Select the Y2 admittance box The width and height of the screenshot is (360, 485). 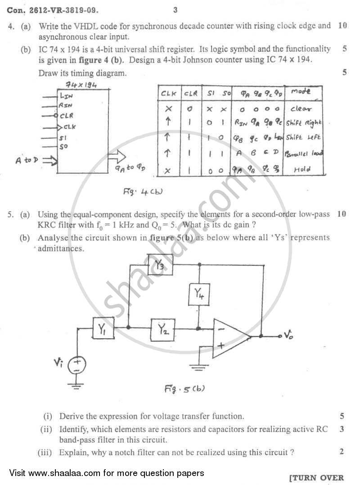tap(164, 329)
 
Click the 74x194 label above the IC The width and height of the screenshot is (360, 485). tap(81, 85)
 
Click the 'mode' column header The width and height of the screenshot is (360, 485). tap(301, 91)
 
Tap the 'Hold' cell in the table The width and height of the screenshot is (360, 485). tap(302, 170)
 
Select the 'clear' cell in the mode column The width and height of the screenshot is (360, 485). tap(301, 109)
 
